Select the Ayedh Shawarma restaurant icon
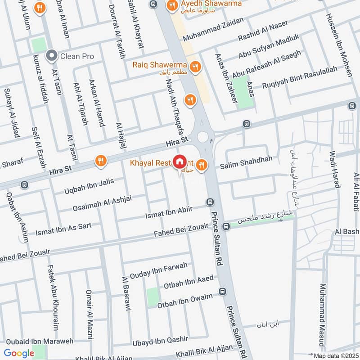point(171,6)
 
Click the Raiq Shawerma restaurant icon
point(195,67)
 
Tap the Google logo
point(19,353)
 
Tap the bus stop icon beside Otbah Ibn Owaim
point(222,292)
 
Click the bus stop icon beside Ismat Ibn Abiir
point(209,202)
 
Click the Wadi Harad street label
point(333,165)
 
